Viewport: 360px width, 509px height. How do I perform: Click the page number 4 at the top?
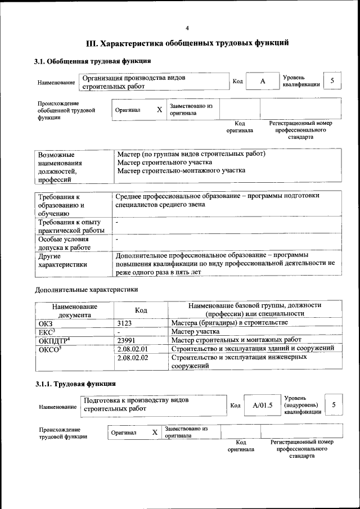point(187,28)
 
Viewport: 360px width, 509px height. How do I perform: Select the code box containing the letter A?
point(262,82)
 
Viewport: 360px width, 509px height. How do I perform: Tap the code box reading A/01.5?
point(263,405)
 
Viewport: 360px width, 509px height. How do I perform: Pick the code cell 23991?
point(127,340)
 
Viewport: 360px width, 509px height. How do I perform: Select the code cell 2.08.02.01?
point(132,349)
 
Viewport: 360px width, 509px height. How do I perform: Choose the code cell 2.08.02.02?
point(132,358)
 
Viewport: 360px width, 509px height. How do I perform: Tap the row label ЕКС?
point(47,331)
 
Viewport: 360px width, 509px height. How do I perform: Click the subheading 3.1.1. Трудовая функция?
point(75,384)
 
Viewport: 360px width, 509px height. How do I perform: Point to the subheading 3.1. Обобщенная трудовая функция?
point(92,61)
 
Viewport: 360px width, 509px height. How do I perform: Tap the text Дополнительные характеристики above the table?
point(86,290)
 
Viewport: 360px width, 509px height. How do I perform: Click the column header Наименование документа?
point(74,310)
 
